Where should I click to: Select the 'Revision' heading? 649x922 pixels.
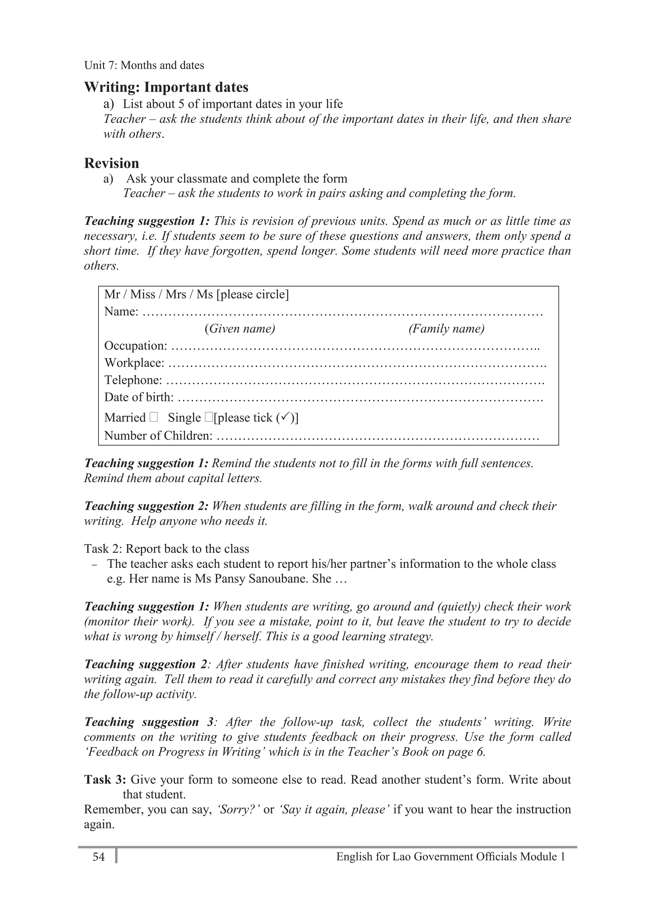(x=111, y=163)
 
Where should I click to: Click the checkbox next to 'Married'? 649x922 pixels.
(x=154, y=417)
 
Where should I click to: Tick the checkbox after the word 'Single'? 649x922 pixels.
(x=208, y=417)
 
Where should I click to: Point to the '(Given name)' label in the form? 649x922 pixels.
(x=240, y=328)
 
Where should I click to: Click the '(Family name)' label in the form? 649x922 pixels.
(x=446, y=328)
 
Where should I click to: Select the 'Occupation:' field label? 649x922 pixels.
(x=135, y=345)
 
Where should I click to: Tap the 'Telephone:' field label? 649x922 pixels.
(x=133, y=380)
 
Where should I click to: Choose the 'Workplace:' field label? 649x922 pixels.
(x=134, y=363)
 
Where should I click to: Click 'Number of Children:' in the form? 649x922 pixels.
(x=158, y=435)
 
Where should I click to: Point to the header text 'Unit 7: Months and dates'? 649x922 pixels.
(x=144, y=65)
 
